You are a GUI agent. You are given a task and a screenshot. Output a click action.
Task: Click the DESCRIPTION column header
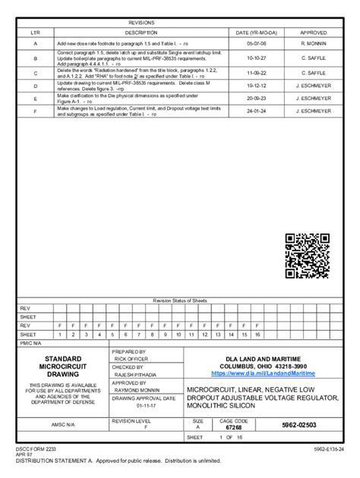(141, 33)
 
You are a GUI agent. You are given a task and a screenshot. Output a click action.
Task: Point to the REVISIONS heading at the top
(141, 24)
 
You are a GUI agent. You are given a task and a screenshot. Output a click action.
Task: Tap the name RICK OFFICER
(132, 359)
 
